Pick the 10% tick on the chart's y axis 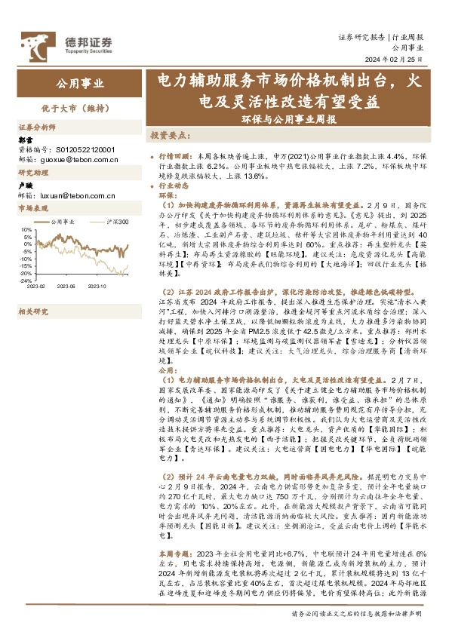[26, 229]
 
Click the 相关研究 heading [33, 311]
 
